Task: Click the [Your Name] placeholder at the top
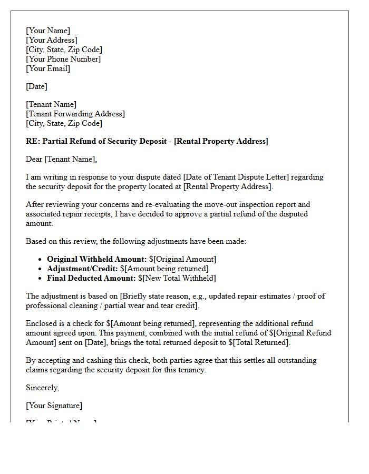[x=48, y=31]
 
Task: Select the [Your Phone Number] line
[x=63, y=59]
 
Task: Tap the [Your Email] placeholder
[x=48, y=68]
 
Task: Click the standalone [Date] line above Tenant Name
[x=37, y=86]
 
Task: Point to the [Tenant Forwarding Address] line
[x=75, y=114]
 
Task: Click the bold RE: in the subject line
[x=33, y=141]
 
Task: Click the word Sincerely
[x=43, y=388]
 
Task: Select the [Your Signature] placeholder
[x=54, y=406]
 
